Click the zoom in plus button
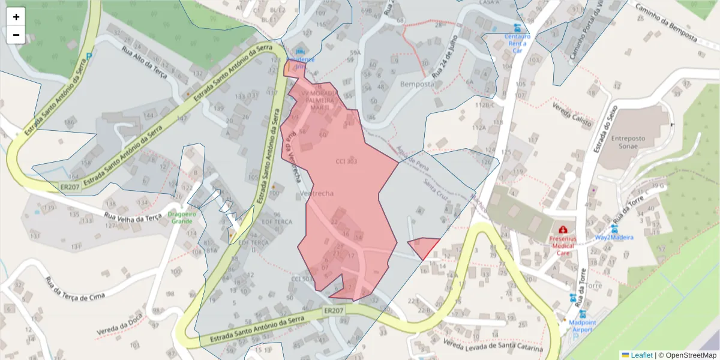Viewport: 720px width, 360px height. pos(16,17)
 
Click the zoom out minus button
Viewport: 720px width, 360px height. pos(16,35)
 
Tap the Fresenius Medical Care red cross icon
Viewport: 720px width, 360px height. pos(563,229)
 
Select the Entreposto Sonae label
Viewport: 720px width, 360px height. pos(628,142)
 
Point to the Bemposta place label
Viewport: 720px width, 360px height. pos(417,84)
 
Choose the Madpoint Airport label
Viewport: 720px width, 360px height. pos(582,326)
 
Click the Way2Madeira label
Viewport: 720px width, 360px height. pos(614,237)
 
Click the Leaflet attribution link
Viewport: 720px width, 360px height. pos(641,355)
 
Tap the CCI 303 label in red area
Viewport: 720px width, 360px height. pos(346,161)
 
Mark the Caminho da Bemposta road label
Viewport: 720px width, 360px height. pos(666,25)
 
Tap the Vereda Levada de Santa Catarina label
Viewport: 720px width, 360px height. pos(493,346)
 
